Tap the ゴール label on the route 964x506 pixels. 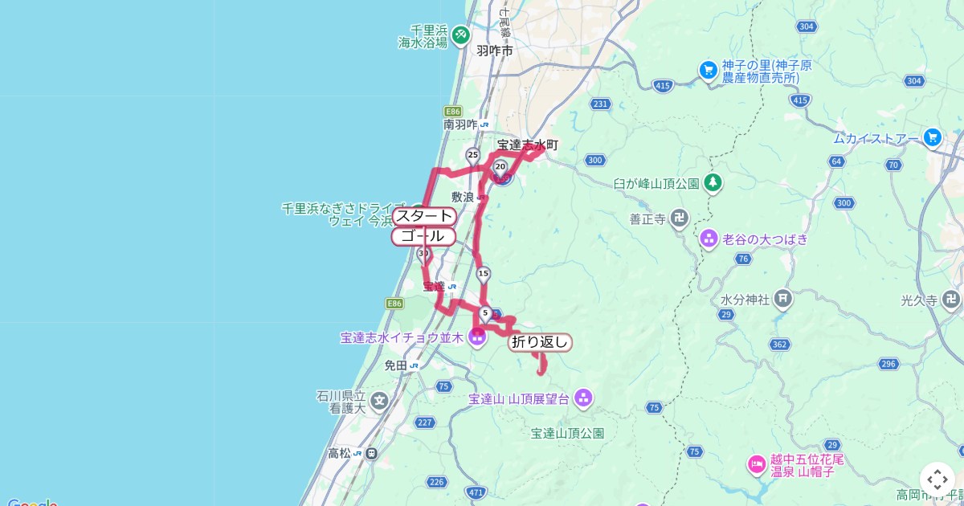[x=423, y=236]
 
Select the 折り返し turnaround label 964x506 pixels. [x=540, y=342]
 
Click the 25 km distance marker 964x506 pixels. [x=472, y=154]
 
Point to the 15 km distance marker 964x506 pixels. [x=483, y=274]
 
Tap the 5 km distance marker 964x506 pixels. [x=485, y=312]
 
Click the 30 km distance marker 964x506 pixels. [x=423, y=254]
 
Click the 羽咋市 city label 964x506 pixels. [x=494, y=51]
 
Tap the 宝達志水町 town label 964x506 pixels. [x=527, y=145]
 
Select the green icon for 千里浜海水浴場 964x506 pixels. [x=460, y=35]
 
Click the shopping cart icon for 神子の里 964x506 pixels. [x=707, y=70]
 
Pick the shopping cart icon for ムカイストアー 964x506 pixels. [x=932, y=137]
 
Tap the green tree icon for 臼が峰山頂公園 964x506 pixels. [x=713, y=183]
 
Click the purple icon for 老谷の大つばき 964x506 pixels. [x=709, y=238]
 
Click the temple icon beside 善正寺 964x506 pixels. [x=680, y=218]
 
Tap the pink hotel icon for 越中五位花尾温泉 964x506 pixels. [x=756, y=463]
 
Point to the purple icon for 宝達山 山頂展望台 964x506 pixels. [x=583, y=397]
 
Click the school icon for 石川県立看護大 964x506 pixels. [x=379, y=399]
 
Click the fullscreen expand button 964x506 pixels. [x=936, y=479]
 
